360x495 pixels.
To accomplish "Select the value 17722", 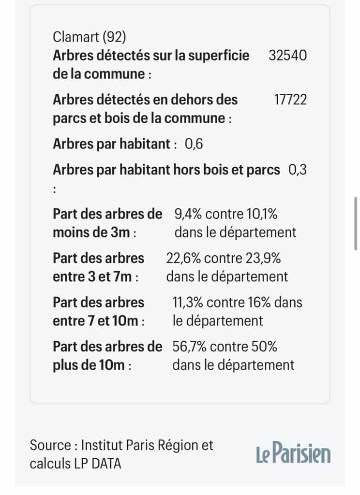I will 290,100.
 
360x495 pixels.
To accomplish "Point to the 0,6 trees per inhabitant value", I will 194,145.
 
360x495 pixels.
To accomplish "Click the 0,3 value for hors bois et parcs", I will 298,170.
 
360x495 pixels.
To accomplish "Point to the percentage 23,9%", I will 263,259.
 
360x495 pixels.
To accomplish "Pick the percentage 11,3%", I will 188,303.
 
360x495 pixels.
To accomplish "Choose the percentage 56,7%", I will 189,347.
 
